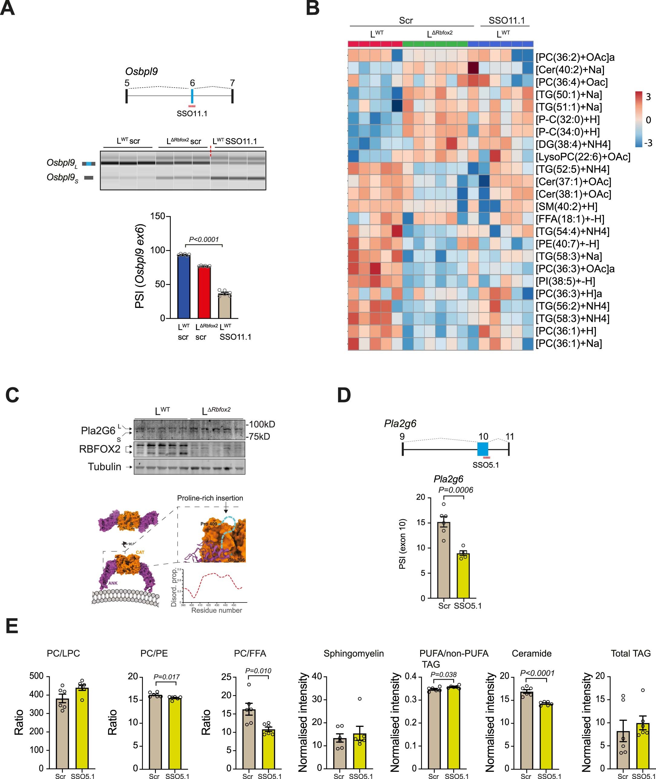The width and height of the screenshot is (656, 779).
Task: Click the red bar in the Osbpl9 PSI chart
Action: click(204, 292)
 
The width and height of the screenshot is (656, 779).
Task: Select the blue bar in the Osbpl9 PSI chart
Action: click(184, 286)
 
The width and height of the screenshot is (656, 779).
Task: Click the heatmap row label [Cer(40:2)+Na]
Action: click(570, 70)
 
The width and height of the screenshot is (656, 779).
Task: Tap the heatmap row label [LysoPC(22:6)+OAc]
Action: click(583, 157)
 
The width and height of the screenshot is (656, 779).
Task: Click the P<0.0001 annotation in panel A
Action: click(203, 239)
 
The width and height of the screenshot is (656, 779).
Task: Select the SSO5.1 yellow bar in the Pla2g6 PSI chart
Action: click(463, 576)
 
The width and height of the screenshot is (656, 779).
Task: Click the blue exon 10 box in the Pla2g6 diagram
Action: click(483, 449)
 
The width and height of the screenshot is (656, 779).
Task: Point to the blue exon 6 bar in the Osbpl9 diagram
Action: click(192, 96)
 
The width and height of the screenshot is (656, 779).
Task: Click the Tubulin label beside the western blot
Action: click(104, 467)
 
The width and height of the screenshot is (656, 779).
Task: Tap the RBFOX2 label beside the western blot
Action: click(100, 449)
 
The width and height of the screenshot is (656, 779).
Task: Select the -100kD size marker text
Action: click(261, 424)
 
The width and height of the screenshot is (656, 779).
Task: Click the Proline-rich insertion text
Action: click(210, 498)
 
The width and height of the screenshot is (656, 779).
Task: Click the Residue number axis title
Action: click(216, 610)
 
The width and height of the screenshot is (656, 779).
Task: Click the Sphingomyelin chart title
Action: click(353, 653)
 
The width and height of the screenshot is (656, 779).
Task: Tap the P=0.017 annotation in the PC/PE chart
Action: click(166, 677)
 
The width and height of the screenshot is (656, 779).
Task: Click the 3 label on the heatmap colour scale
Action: click(648, 97)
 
